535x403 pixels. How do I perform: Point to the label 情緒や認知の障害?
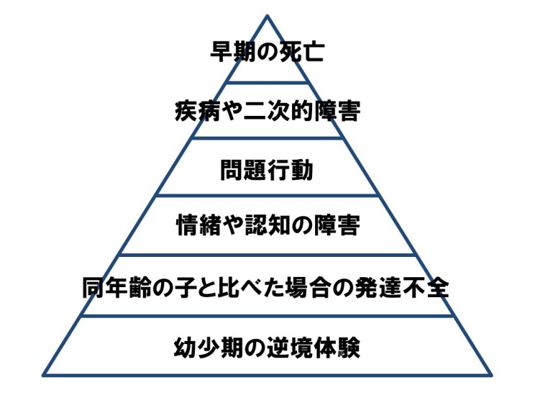[267, 226]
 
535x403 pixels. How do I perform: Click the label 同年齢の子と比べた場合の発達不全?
[267, 288]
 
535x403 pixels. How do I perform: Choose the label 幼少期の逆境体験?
[267, 348]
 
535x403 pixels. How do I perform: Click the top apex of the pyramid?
[267, 14]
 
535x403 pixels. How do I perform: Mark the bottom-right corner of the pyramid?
[491, 374]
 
